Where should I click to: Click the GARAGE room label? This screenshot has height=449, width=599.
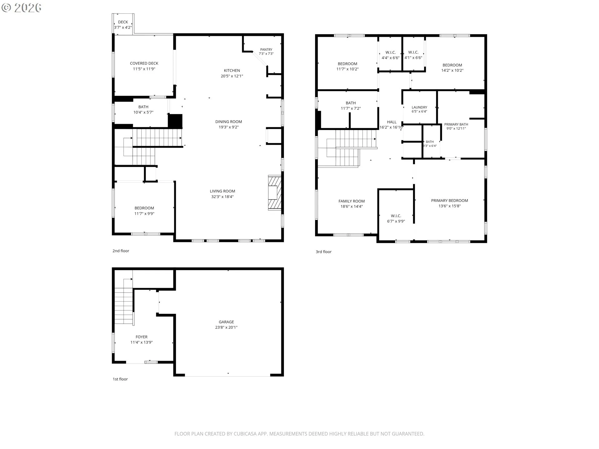click(x=226, y=322)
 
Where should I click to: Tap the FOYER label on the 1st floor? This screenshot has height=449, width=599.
click(x=141, y=337)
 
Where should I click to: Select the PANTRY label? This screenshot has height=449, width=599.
click(x=266, y=50)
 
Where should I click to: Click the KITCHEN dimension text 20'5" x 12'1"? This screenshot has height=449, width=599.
click(x=232, y=76)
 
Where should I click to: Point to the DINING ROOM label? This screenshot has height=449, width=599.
click(x=229, y=122)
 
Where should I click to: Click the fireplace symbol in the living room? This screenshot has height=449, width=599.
click(x=275, y=193)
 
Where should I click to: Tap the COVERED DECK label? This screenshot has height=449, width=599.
click(x=144, y=63)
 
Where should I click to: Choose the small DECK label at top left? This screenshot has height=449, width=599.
click(x=123, y=22)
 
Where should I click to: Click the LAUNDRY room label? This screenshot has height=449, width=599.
click(x=419, y=107)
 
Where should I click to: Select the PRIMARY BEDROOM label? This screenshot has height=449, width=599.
click(x=450, y=200)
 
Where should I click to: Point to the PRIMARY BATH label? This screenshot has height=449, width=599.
click(x=456, y=124)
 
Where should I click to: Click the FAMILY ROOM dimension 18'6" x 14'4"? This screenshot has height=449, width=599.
click(x=352, y=206)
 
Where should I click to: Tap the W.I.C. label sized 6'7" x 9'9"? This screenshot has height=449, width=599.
click(x=396, y=216)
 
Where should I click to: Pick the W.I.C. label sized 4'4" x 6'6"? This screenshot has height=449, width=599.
click(x=391, y=52)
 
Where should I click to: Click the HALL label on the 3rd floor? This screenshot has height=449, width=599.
click(x=392, y=122)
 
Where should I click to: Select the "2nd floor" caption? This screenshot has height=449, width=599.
click(x=121, y=251)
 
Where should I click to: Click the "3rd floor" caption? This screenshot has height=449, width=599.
click(x=324, y=252)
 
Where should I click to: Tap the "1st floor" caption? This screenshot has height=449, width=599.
click(x=120, y=379)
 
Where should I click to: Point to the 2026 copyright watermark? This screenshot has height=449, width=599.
click(x=22, y=8)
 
